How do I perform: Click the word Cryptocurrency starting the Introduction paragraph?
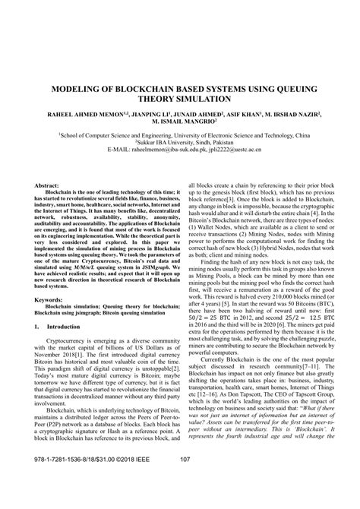(x=66, y=385)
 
